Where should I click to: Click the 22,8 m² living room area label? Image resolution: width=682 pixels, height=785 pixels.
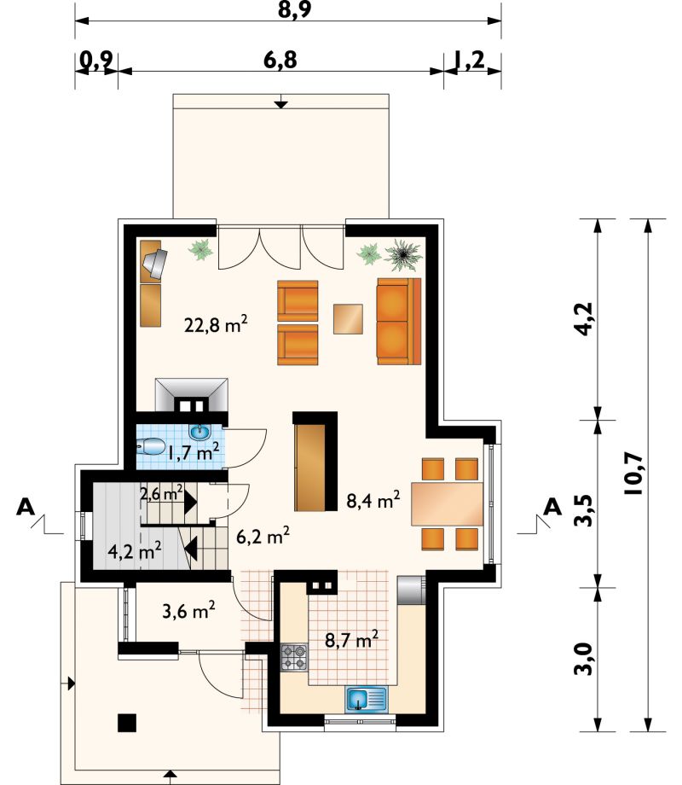(217, 324)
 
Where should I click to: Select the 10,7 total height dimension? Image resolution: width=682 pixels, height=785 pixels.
(633, 473)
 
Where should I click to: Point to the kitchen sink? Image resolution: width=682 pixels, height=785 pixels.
(366, 699)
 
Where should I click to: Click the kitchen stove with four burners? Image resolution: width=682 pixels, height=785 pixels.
(294, 657)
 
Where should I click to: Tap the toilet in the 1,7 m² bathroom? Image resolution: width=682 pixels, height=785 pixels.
(151, 446)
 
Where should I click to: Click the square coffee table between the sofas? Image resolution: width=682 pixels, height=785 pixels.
(349, 319)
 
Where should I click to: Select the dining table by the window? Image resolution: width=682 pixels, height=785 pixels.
(447, 503)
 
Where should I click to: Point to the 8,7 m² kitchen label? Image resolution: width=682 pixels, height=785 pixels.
(351, 639)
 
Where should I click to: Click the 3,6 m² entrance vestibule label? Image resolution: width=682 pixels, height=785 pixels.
(188, 610)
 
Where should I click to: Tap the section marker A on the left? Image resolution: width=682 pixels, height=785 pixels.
(26, 507)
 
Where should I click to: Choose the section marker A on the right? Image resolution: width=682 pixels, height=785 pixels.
(552, 507)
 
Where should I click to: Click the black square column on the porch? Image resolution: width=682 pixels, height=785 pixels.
(127, 723)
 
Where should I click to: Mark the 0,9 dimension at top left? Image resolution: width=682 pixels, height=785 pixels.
(96, 60)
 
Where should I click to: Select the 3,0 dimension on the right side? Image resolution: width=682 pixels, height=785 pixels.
(583, 660)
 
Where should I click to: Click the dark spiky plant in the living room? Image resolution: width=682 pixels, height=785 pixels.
(402, 255)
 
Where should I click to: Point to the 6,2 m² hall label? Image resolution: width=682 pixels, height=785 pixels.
(263, 536)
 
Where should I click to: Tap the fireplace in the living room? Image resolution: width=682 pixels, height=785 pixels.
(192, 395)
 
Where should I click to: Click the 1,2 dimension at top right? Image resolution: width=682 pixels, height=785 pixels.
(470, 60)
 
